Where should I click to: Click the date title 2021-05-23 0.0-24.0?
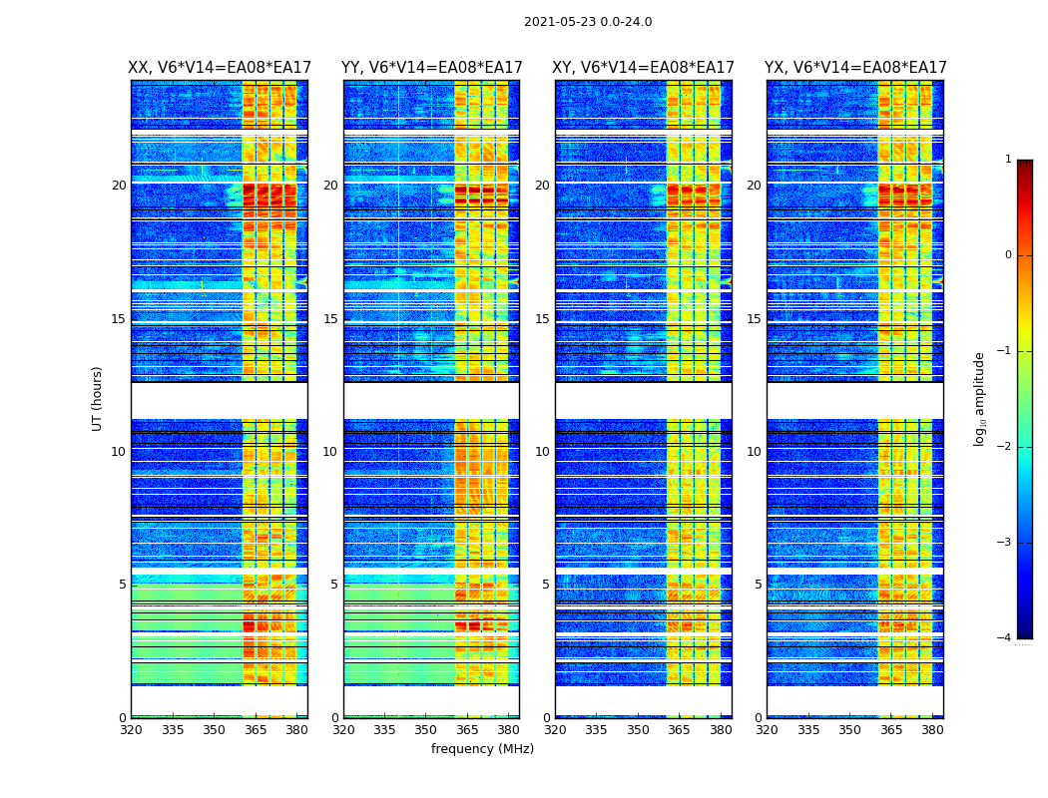(588, 22)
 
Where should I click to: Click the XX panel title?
(220, 68)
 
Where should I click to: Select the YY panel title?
(431, 68)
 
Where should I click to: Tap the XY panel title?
(643, 68)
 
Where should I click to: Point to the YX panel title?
(855, 68)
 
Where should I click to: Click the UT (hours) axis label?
(98, 398)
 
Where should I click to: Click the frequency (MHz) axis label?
(482, 749)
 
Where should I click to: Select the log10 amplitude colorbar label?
(980, 398)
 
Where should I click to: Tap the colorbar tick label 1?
(1008, 160)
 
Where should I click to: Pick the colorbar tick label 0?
(1008, 255)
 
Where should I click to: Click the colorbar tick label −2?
(1005, 447)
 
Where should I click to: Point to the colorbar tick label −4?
(1005, 638)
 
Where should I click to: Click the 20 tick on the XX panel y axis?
(119, 186)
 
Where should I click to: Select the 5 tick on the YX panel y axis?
(760, 585)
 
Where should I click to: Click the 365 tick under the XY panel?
(680, 730)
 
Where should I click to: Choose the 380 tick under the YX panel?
(932, 730)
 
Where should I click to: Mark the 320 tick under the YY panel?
(343, 730)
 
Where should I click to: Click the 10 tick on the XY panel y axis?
(542, 452)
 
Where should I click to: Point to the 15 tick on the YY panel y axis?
(330, 319)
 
